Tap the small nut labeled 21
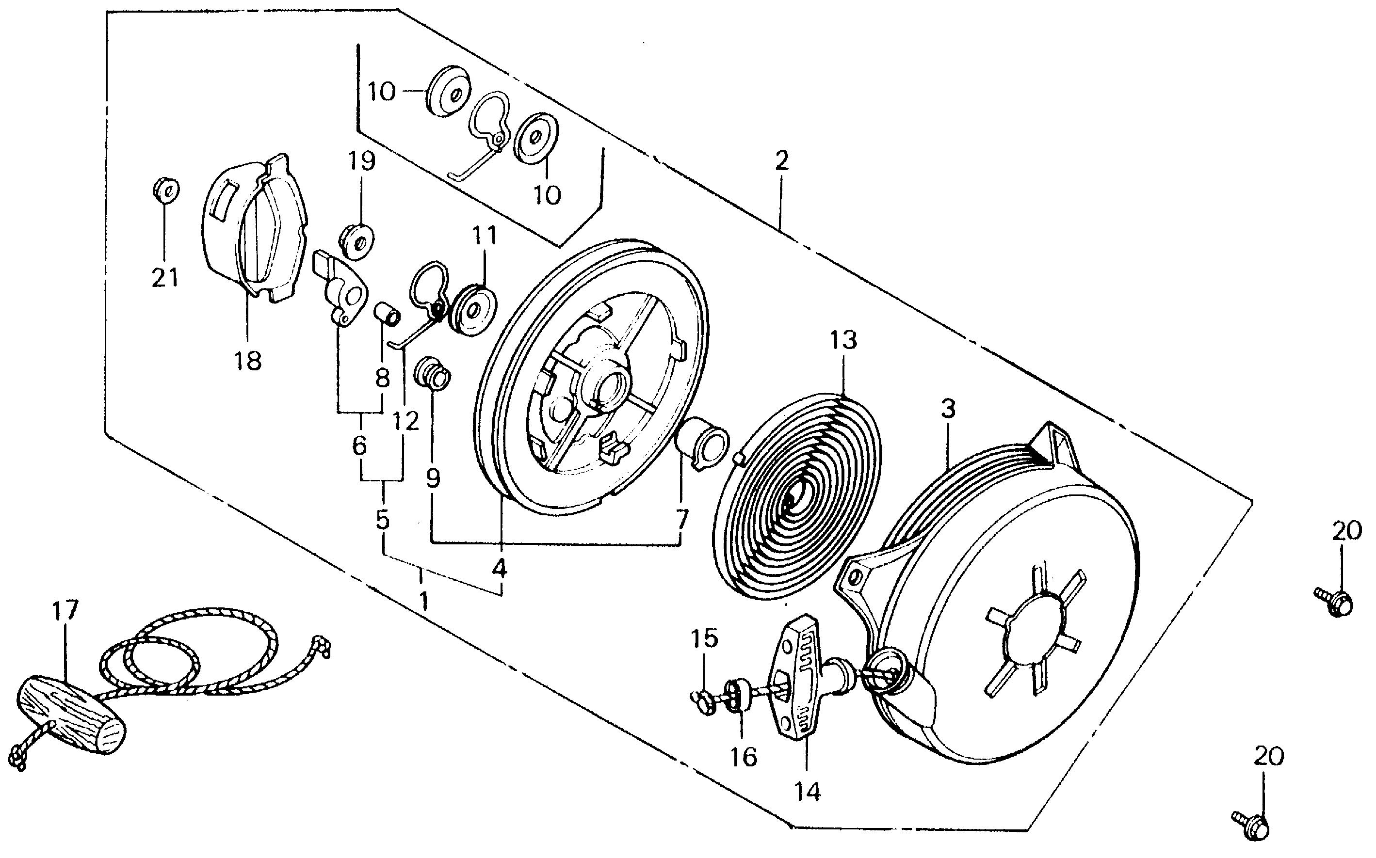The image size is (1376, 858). [166, 189]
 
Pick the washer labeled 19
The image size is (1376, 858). [357, 240]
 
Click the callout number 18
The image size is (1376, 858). [248, 360]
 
